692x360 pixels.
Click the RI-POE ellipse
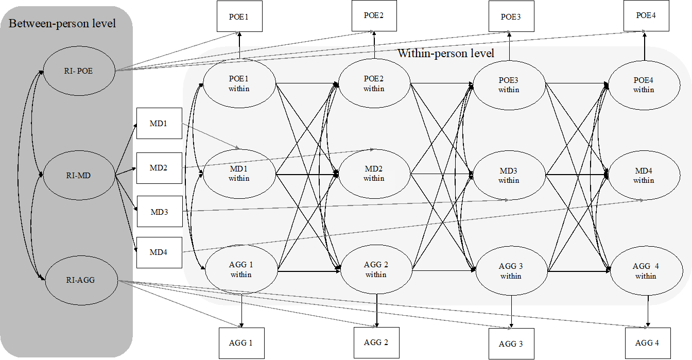79,71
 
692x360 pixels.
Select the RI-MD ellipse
79,176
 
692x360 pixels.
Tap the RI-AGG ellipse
81,281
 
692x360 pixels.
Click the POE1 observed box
239,17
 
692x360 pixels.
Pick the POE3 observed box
510,17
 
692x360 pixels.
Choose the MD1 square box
159,124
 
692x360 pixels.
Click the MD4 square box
159,252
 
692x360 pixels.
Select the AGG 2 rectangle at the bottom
376,342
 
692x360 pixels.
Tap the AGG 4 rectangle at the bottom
647,342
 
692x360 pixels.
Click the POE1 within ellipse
239,83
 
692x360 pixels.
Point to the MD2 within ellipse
374,174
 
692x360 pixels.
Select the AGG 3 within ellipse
511,271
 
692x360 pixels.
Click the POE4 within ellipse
644,84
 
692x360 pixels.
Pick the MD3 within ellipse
509,175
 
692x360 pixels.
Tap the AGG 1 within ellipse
241,269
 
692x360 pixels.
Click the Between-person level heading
62,24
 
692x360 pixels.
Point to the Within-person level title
446,54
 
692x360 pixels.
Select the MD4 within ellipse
644,175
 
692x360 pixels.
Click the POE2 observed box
374,15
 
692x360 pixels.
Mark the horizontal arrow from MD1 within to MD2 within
307,174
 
